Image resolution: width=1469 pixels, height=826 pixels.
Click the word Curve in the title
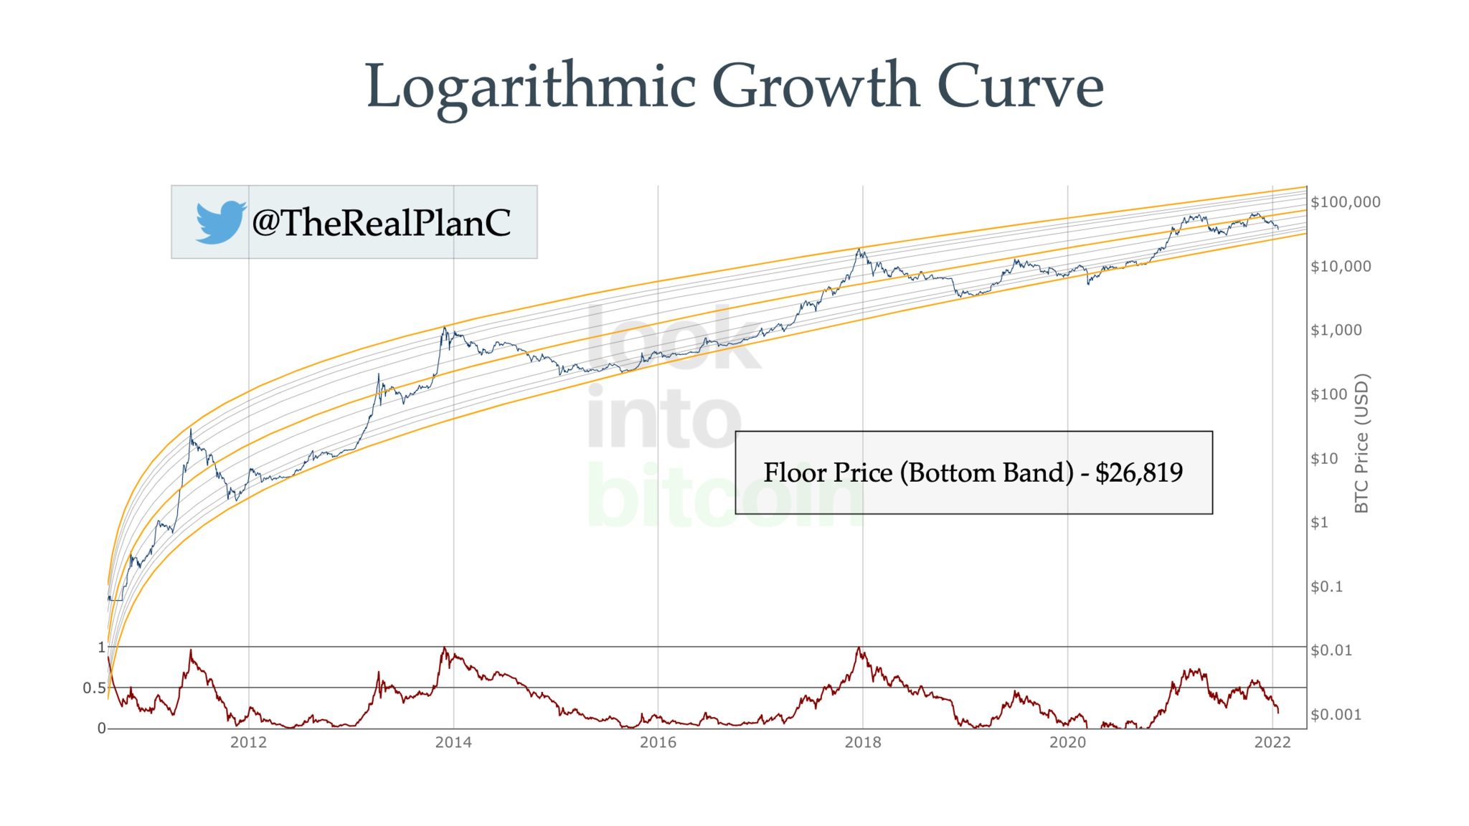(x=1020, y=86)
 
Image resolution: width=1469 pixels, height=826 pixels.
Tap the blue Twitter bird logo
(x=220, y=222)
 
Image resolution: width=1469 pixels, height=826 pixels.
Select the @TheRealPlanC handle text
(x=381, y=222)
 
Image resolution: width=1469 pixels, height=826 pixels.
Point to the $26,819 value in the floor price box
(x=1138, y=473)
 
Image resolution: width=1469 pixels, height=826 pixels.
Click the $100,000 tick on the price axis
(x=1345, y=202)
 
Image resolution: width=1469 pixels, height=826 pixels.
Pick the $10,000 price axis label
(x=1341, y=267)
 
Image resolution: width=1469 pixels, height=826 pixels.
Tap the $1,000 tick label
(x=1336, y=331)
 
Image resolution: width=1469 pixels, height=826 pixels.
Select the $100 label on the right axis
(x=1328, y=394)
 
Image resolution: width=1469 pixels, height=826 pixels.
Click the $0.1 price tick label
(x=1326, y=587)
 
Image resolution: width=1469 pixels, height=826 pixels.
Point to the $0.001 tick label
(x=1336, y=714)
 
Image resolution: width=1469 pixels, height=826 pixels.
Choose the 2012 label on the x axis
(x=248, y=743)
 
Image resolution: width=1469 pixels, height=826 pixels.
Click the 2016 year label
(x=658, y=743)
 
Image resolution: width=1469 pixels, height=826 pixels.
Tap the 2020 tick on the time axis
(x=1067, y=743)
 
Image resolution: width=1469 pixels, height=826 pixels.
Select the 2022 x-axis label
(x=1272, y=743)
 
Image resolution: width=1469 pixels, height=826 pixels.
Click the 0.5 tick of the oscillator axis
(x=94, y=688)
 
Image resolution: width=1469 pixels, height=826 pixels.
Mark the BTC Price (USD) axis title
(x=1361, y=443)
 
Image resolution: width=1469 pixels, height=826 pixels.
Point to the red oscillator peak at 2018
(x=859, y=649)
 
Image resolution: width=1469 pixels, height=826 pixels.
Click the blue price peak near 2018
(x=859, y=250)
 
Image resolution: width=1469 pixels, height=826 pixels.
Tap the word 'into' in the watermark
(x=663, y=418)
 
